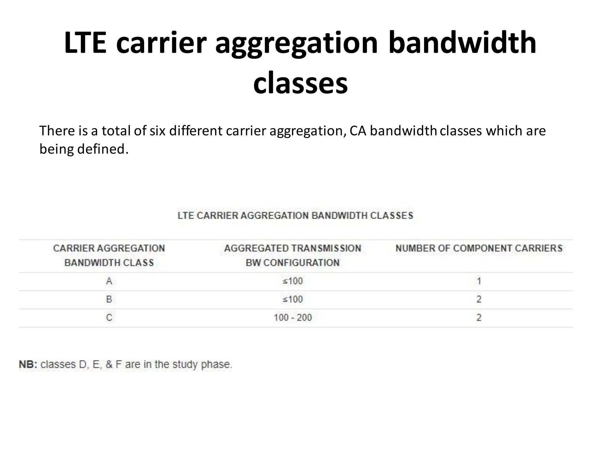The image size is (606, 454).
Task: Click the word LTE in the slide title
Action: [x=85, y=43]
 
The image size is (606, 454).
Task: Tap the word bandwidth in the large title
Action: [x=462, y=43]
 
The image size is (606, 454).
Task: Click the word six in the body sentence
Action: [x=157, y=131]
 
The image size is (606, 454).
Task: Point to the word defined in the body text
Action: [x=103, y=149]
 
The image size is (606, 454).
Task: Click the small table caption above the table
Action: [x=295, y=216]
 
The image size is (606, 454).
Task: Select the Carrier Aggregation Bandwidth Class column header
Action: [x=109, y=255]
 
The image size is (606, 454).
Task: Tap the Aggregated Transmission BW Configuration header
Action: [x=293, y=255]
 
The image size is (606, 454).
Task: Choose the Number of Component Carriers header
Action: [x=479, y=248]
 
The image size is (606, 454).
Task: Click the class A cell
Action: [x=109, y=281]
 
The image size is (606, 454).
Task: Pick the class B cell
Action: [x=109, y=299]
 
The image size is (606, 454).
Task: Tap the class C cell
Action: [x=109, y=318]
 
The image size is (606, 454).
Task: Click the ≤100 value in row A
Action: [x=293, y=281]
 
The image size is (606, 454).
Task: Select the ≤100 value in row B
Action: [x=293, y=299]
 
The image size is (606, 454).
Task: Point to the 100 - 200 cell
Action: [x=293, y=318]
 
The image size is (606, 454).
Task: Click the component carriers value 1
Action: [x=479, y=281]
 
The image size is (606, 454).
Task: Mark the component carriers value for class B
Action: [x=479, y=299]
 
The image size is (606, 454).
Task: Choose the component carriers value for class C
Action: [x=479, y=318]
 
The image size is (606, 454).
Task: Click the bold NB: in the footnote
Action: [x=28, y=364]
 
